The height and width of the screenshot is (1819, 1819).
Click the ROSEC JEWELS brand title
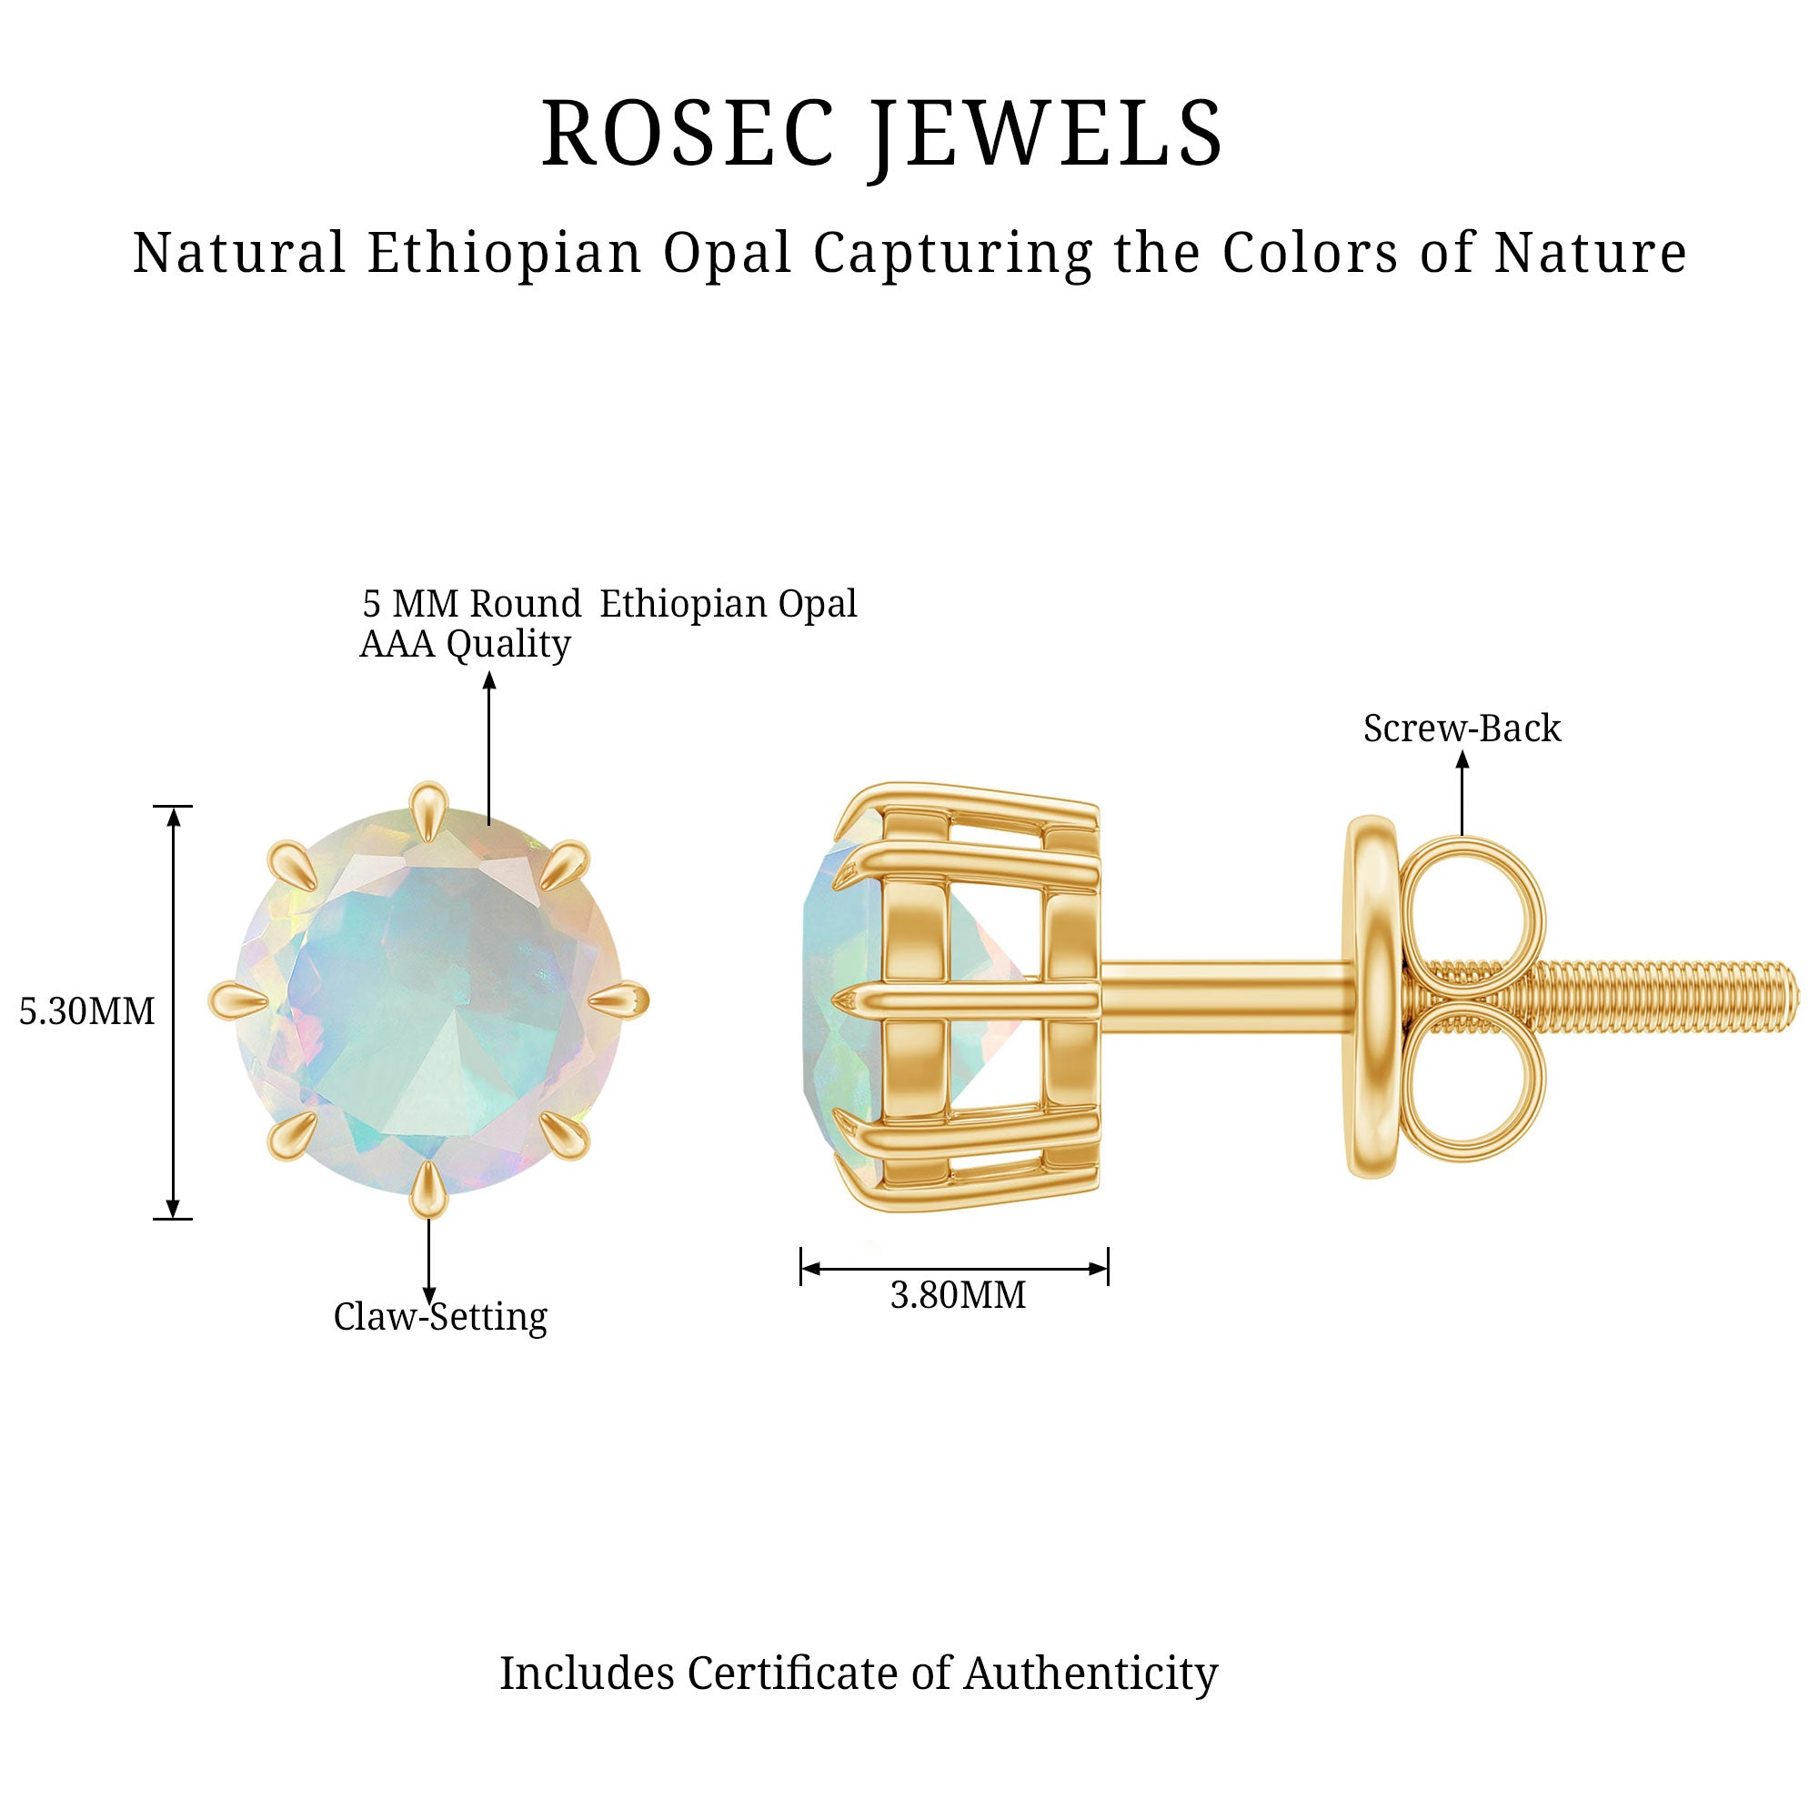point(882,135)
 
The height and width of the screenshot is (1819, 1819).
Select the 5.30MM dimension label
point(86,1011)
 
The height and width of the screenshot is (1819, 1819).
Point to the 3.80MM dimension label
point(958,1295)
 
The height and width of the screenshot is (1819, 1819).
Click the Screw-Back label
point(1462,728)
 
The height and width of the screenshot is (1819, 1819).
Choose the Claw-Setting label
point(439,1316)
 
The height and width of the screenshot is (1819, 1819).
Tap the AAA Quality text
point(465,644)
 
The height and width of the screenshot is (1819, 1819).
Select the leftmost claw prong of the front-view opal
point(238,1000)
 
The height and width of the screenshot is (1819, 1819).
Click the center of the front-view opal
point(428,1000)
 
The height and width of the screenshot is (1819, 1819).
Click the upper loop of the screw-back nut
point(1471,915)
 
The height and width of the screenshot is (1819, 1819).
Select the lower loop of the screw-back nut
point(1471,1080)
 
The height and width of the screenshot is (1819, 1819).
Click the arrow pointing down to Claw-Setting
point(428,1261)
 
